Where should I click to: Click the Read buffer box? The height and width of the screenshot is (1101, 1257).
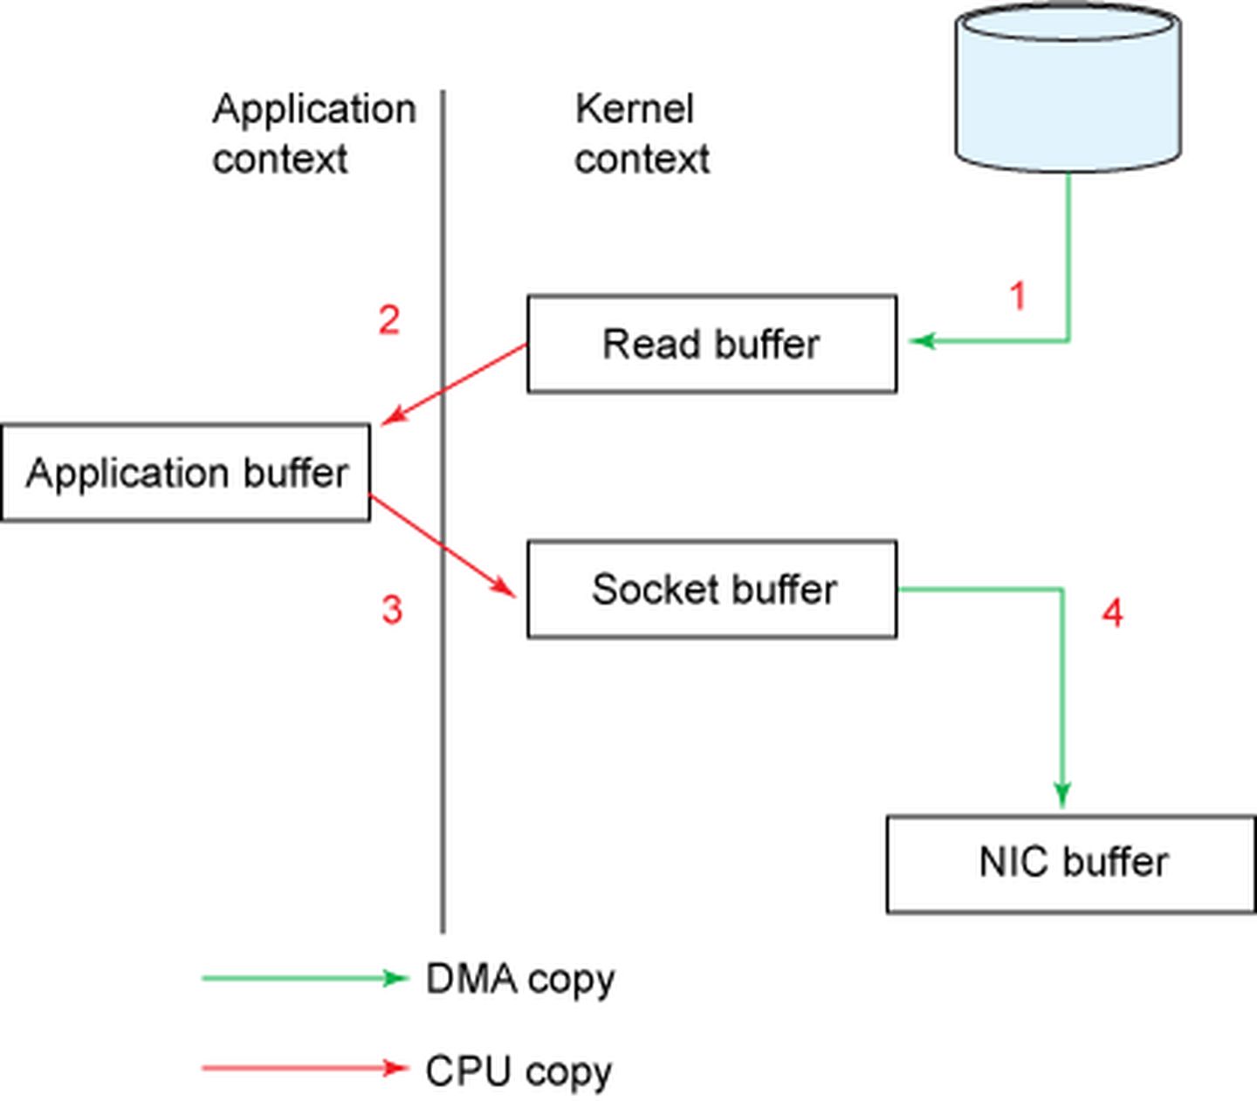(711, 344)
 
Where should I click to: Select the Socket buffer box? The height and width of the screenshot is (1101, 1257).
(711, 589)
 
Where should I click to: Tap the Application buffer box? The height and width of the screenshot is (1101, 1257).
(185, 473)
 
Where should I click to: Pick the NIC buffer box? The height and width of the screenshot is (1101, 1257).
(1071, 864)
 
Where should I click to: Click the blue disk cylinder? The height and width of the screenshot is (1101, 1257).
(1068, 87)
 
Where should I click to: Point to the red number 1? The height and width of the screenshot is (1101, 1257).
(1018, 297)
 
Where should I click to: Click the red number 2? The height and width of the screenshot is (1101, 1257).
(389, 320)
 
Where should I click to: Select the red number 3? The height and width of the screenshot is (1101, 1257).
(392, 609)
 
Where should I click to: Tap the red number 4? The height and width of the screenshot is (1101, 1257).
(1112, 613)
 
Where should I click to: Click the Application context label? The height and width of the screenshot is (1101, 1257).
(313, 133)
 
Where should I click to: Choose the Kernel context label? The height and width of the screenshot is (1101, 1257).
(642, 133)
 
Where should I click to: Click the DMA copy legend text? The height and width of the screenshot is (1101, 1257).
(520, 980)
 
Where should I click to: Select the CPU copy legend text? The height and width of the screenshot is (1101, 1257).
(519, 1071)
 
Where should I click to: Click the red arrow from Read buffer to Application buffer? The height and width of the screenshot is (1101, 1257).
(454, 384)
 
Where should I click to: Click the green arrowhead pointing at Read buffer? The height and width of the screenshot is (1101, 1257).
(922, 340)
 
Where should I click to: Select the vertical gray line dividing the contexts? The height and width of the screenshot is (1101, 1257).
(443, 742)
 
